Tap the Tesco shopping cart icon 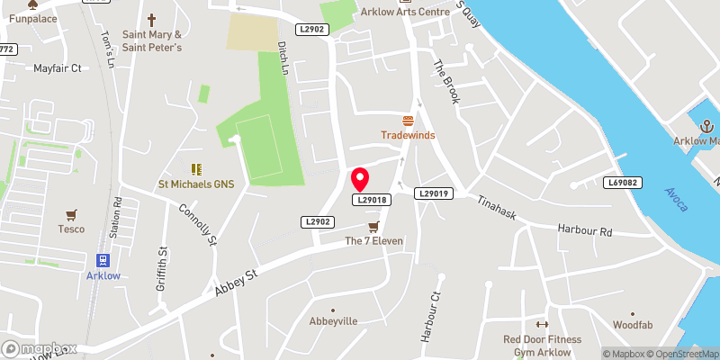tap(72, 214)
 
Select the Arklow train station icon tap(103, 260)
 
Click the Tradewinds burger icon tap(408, 121)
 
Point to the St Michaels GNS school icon tap(196, 168)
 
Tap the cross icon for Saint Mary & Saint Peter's tap(151, 19)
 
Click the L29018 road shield tap(372, 200)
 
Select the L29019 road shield tap(433, 193)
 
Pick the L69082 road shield tap(622, 183)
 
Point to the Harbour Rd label tap(584, 230)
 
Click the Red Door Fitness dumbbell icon tap(542, 325)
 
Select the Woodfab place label tap(632, 324)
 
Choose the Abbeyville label tap(334, 321)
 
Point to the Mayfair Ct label tap(58, 68)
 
